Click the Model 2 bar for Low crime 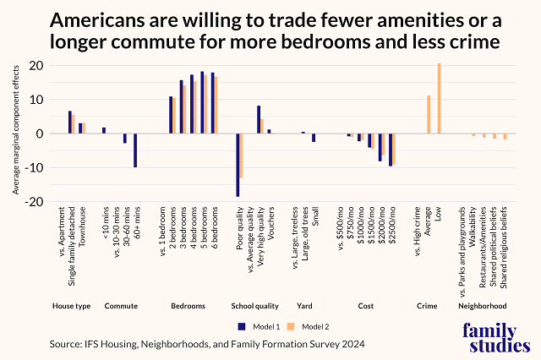(x=440, y=99)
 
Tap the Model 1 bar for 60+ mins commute (x=135, y=150)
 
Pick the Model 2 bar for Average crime (x=429, y=114)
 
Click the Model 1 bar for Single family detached (x=70, y=123)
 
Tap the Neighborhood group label (x=483, y=305)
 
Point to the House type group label (x=71, y=305)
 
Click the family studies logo (x=491, y=335)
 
